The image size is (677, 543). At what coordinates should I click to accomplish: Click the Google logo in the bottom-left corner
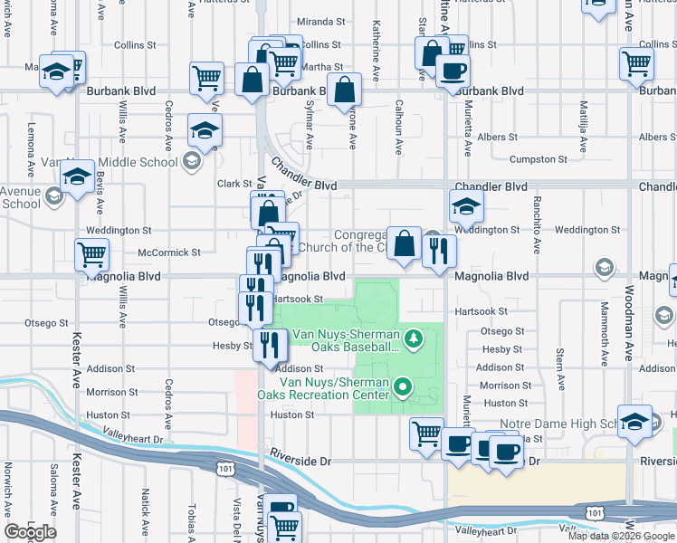pyautogui.click(x=30, y=532)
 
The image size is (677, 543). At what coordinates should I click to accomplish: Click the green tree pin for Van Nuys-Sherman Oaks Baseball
pyautogui.click(x=414, y=338)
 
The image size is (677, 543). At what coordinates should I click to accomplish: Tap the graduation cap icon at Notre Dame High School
pyautogui.click(x=635, y=423)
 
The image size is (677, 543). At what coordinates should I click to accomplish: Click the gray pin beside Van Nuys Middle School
pyautogui.click(x=190, y=162)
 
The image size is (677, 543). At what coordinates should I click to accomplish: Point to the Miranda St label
pyautogui.click(x=317, y=22)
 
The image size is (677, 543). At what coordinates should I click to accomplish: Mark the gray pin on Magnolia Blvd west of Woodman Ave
pyautogui.click(x=604, y=266)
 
